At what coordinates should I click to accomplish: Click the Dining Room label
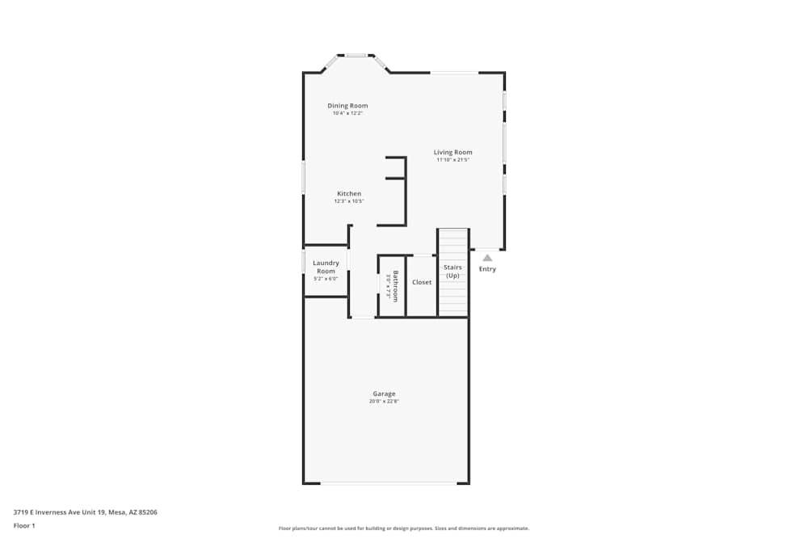pos(347,106)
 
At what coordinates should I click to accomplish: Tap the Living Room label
pos(452,152)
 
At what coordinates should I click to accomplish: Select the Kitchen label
pos(349,194)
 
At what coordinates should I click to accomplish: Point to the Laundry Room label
pos(326,267)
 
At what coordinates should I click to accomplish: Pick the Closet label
pos(422,282)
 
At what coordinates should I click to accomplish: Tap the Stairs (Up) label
pos(452,271)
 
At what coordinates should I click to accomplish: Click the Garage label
pos(384,394)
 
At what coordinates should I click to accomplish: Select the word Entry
pos(487,269)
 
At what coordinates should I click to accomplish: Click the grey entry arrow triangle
pos(487,258)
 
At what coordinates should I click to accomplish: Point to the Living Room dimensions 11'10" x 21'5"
pos(452,160)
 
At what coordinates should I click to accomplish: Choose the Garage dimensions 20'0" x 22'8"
pos(384,401)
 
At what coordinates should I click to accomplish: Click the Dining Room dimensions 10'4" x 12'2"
pos(347,113)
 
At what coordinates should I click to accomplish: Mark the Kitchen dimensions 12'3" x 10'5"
pos(349,201)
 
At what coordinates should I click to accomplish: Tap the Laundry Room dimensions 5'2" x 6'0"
pos(326,279)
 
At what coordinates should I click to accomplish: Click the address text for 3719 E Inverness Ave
pos(85,512)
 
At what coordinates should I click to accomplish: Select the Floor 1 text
pos(24,525)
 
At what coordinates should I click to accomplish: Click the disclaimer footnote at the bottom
pos(404,528)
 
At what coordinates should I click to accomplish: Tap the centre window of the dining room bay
pos(356,56)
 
